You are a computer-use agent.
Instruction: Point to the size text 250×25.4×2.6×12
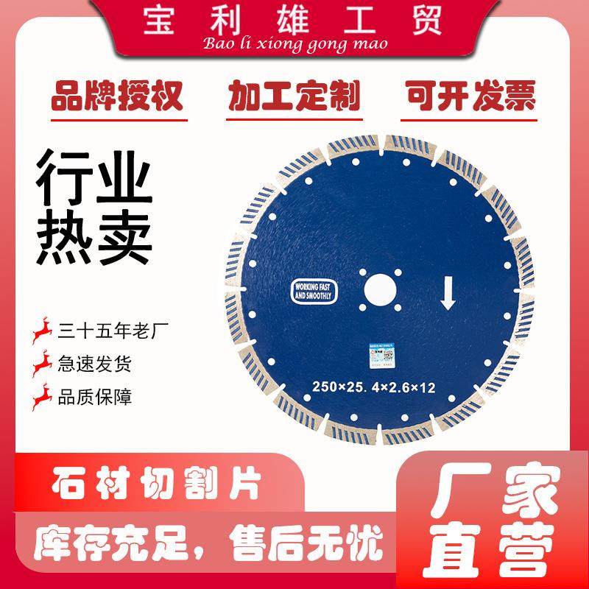pos(375,387)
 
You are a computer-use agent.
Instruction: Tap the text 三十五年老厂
pos(110,331)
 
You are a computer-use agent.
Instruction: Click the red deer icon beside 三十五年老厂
pos(43,331)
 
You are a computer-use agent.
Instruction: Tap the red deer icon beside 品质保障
pos(43,398)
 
